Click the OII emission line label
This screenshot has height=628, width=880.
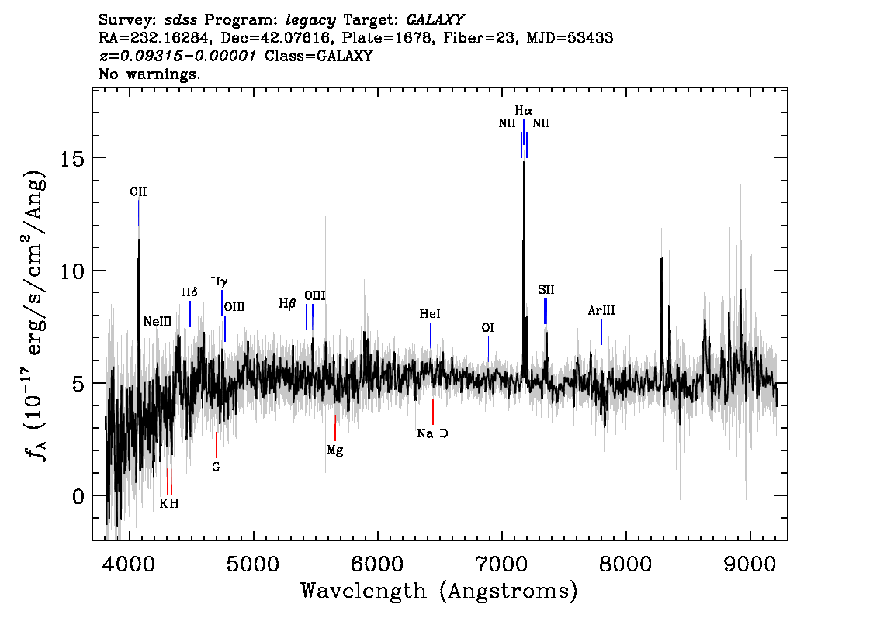click(x=138, y=191)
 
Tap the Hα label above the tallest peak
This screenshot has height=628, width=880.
click(x=524, y=111)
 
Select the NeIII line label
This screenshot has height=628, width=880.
click(x=158, y=321)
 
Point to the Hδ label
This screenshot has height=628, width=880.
click(x=190, y=292)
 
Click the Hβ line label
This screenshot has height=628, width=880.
click(x=288, y=304)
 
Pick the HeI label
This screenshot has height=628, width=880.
click(x=430, y=314)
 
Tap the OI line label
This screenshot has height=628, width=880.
click(x=487, y=328)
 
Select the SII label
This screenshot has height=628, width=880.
click(x=546, y=290)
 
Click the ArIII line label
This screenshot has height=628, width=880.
click(x=601, y=311)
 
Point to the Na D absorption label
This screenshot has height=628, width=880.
click(x=432, y=433)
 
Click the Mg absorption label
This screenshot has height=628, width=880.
click(x=334, y=450)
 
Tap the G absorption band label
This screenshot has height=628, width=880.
click(x=216, y=467)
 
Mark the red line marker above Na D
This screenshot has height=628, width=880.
click(x=432, y=411)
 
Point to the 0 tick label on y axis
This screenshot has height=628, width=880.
click(x=76, y=495)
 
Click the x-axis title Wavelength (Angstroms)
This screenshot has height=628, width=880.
click(x=439, y=591)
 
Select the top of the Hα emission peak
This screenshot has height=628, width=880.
click(x=524, y=164)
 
